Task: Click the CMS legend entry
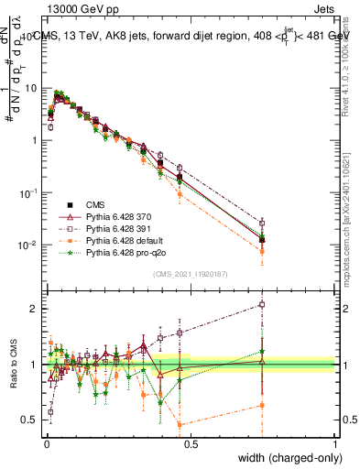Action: [x=96, y=204]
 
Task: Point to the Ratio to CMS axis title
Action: [x=14, y=365]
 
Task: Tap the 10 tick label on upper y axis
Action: [x=30, y=88]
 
